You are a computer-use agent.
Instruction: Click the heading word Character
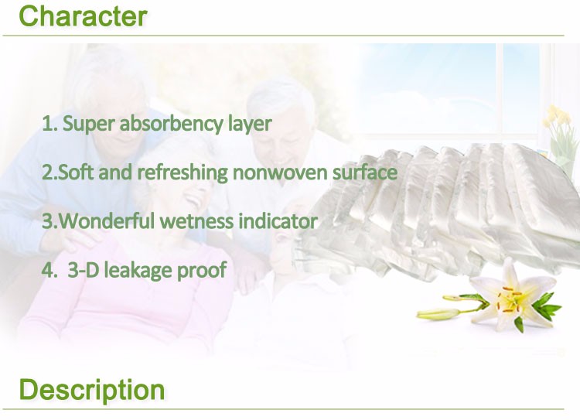83,16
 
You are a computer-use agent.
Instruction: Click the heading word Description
92,390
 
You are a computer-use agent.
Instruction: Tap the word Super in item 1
88,125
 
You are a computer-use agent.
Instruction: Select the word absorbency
171,123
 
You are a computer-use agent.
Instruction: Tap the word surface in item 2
365,172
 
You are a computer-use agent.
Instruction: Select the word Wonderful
106,221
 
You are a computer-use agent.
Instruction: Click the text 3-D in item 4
84,270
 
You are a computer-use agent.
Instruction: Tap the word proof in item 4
201,271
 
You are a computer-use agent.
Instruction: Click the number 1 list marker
49,124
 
